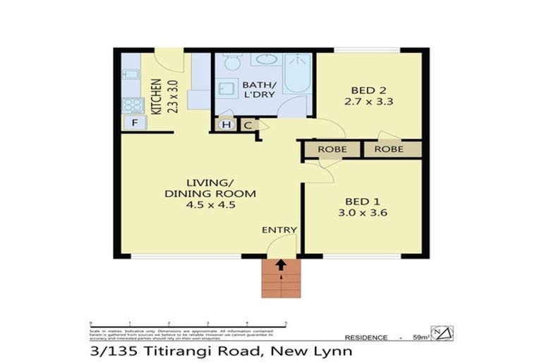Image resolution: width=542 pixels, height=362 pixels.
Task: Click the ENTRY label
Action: coord(279,230)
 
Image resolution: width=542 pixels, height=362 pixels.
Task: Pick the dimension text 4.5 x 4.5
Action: coord(210,205)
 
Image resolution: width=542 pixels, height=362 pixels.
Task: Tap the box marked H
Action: coord(227,125)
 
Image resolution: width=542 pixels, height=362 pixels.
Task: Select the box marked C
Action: coord(248,125)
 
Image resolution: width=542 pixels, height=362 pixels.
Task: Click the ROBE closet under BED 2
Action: coord(389,149)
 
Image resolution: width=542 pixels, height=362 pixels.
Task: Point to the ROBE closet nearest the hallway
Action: coord(332,149)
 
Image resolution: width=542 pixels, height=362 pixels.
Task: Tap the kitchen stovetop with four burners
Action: coord(132,105)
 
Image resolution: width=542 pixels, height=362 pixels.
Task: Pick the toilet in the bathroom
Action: coord(231,64)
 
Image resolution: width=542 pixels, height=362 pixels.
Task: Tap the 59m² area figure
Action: coord(421,338)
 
